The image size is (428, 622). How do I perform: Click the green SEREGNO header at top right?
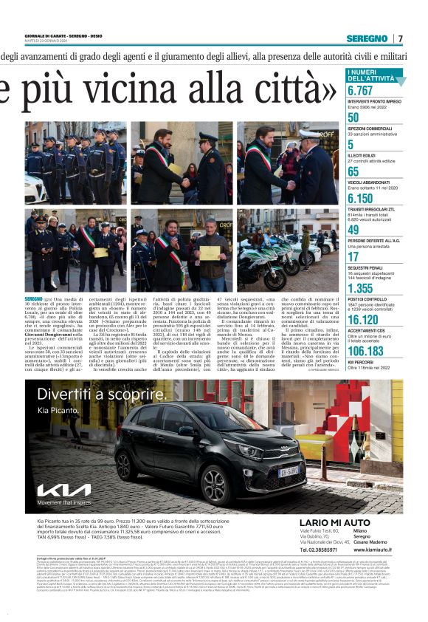(x=367, y=38)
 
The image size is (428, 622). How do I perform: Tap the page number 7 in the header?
(x=401, y=38)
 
